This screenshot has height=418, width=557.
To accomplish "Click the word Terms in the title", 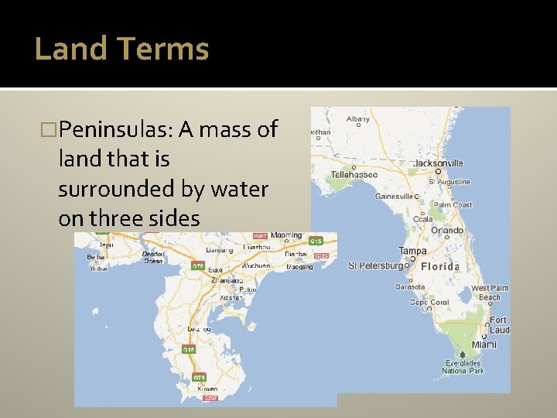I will tap(164, 49).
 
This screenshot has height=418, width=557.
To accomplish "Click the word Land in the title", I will tap(70, 49).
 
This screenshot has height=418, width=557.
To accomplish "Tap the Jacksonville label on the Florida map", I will tap(438, 163).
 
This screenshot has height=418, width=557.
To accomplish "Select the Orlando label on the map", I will tap(448, 230).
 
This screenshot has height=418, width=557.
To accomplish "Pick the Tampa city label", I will tap(412, 251).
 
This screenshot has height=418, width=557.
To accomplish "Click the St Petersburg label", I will tap(376, 266).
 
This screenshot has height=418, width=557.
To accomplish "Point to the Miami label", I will tap(485, 344).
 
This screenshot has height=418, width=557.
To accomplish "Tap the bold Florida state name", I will tap(440, 266).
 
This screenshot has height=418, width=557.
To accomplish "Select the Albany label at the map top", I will tap(358, 119).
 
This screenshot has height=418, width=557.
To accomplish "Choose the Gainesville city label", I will tap(395, 197).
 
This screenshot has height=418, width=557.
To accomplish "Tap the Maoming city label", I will tap(287, 235).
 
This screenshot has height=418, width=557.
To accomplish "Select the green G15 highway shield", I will tap(316, 242).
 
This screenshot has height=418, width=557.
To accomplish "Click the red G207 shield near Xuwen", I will tap(210, 397).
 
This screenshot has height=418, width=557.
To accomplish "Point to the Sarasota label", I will tap(409, 286).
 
